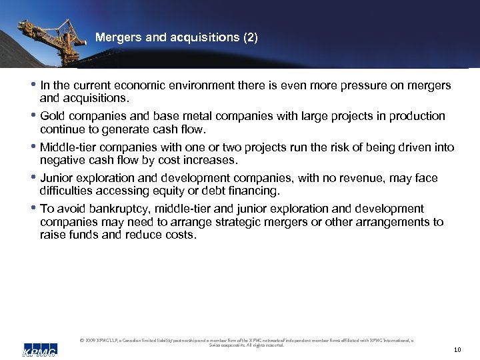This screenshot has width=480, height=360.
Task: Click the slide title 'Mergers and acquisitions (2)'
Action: coord(176,37)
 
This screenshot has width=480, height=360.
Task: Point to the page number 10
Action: coord(457,349)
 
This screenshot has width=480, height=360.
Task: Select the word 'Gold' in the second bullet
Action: coord(53,116)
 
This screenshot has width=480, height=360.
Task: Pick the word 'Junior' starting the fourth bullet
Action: coord(57,178)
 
